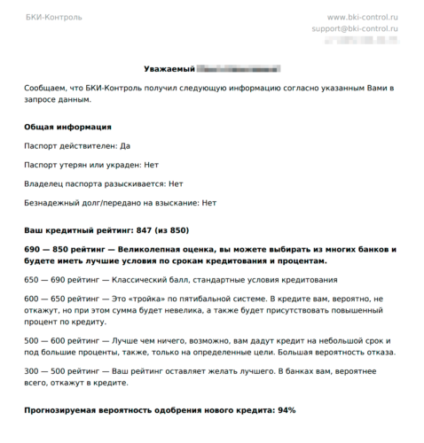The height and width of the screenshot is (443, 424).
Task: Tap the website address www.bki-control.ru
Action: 363,17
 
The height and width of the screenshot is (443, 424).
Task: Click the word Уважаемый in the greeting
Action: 169,68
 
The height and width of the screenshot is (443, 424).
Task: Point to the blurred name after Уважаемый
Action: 239,68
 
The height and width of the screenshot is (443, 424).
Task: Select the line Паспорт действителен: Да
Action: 80,146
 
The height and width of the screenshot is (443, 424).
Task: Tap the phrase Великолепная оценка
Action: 160,249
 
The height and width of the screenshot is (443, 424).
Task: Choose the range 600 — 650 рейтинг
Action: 59,300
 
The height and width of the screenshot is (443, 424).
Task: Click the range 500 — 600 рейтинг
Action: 59,340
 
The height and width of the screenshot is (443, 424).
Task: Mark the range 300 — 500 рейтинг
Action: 59,370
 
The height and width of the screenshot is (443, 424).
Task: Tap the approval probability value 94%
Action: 285,410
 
